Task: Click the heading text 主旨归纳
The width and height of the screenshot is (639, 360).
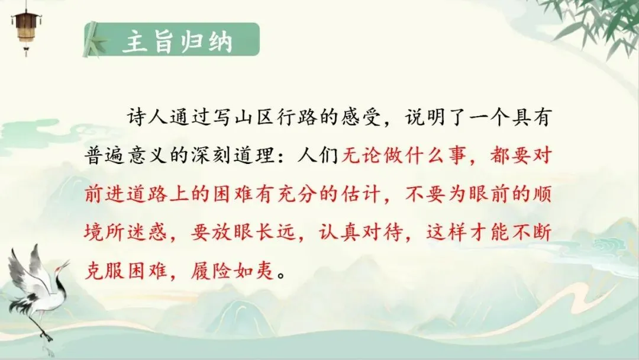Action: [x=177, y=41]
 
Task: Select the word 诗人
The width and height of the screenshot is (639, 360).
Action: [x=146, y=117]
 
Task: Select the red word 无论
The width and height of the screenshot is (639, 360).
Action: [x=362, y=155]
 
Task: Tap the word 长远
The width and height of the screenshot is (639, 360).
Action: [x=276, y=232]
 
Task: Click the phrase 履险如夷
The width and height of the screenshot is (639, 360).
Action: [x=233, y=270]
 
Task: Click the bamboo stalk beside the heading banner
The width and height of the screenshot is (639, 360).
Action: [x=91, y=40]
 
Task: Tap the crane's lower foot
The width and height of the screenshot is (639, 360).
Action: [x=47, y=337]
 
